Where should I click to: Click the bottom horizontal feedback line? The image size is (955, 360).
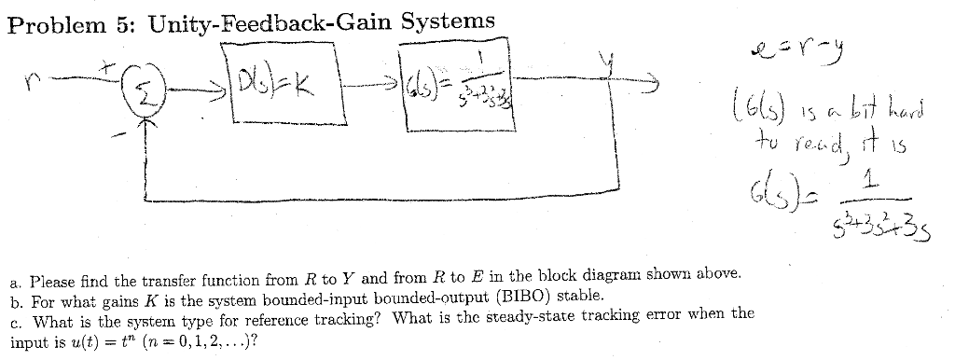click(373, 199)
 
